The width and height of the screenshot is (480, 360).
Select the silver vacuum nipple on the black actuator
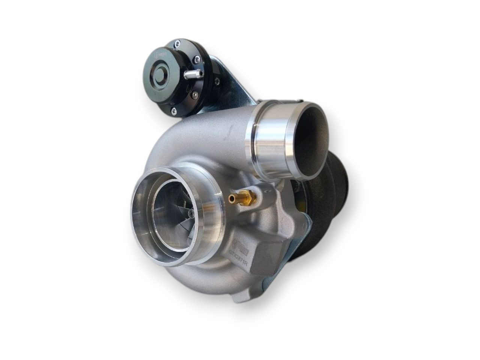[x=193, y=74]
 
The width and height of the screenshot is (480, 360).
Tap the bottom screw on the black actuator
[x=173, y=111]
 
